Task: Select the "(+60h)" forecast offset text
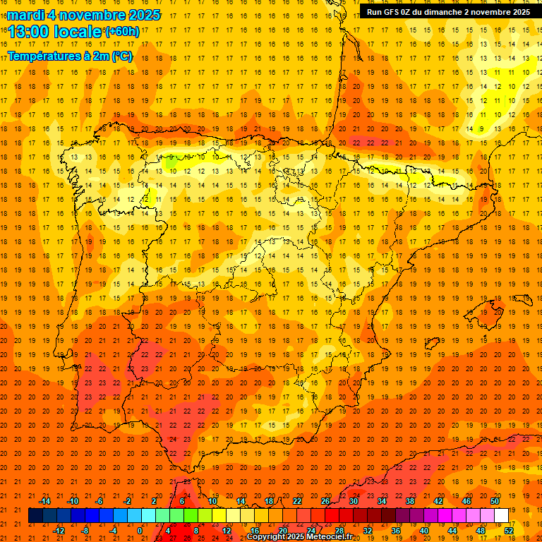[x=123, y=32]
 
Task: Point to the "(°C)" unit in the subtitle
[x=121, y=56]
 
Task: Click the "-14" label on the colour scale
[x=46, y=501]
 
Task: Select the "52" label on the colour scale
[x=509, y=530]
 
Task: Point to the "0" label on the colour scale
[x=140, y=530]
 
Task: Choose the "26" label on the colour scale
[x=325, y=501]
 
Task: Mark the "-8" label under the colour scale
[x=85, y=530]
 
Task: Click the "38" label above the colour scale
[x=410, y=501]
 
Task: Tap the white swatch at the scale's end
[x=501, y=515]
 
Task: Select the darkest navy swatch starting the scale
[x=35, y=515]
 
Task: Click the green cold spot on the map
[x=171, y=162]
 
